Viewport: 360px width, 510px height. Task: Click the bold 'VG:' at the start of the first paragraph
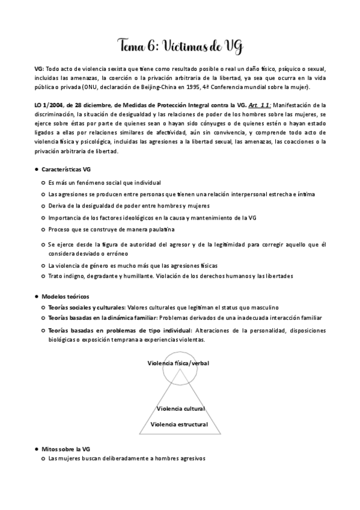[40, 69]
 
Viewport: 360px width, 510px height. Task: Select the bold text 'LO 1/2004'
[50, 105]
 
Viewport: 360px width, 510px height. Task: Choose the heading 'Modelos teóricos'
[65, 296]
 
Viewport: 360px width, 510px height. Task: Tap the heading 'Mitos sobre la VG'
[66, 449]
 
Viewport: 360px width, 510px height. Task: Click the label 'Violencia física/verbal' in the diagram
[179, 363]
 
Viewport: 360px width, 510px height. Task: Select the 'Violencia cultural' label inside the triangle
[180, 408]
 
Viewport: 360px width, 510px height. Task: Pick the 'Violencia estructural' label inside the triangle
[179, 424]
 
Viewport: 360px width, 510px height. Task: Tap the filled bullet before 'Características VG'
[37, 170]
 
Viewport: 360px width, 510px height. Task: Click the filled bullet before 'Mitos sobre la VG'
[37, 449]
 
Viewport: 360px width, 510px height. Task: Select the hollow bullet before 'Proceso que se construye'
[43, 229]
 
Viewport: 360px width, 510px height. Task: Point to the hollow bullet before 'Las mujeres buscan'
[43, 458]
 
